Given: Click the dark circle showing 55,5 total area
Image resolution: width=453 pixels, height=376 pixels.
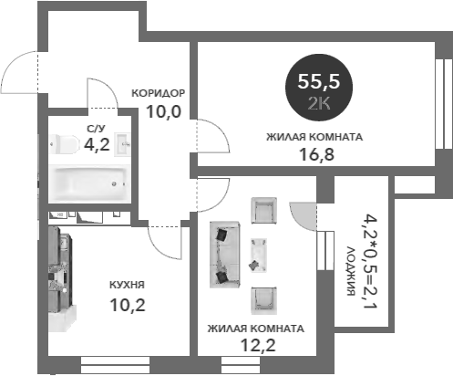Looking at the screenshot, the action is (319, 88).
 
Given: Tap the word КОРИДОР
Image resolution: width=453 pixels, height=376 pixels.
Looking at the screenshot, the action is (158, 93).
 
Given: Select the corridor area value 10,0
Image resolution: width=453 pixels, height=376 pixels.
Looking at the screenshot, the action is (163, 111).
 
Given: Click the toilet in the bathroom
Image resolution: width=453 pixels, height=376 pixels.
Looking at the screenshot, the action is (65, 144).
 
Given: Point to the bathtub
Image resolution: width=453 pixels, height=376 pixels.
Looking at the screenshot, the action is (89, 183).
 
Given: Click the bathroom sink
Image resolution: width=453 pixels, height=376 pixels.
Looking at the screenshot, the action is (122, 144).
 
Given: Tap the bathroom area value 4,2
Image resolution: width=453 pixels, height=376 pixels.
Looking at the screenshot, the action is (97, 144).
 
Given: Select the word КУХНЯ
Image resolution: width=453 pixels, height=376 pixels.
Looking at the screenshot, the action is (127, 285).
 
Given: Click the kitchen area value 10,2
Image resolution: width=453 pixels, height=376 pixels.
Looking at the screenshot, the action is (128, 305).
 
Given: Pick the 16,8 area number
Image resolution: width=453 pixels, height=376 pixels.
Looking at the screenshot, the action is (316, 154).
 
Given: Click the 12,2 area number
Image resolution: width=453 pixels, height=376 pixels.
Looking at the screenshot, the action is (258, 345).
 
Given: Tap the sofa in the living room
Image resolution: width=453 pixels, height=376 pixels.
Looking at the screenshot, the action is (225, 255).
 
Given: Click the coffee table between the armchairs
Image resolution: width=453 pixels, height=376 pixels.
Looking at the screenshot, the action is (259, 255).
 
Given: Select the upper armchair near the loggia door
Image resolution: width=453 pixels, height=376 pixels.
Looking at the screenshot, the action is (263, 211).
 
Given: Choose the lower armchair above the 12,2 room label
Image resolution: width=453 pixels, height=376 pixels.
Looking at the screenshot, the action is (263, 300).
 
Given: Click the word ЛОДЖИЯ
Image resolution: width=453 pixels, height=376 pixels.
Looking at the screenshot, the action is (351, 271).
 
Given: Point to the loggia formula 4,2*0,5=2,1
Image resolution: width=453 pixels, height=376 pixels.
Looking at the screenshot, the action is (371, 261).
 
